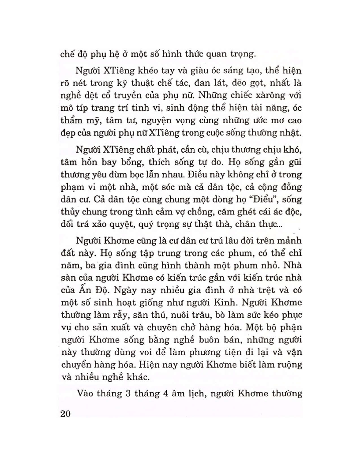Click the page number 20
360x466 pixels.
tap(64, 414)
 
